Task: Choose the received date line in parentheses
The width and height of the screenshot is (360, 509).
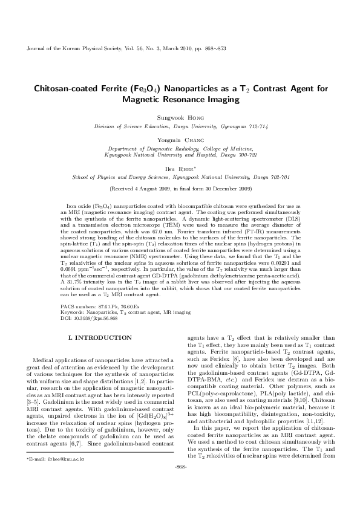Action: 180,189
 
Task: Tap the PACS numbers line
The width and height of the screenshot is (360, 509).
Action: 97,307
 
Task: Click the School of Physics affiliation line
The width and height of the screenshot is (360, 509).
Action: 180,178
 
